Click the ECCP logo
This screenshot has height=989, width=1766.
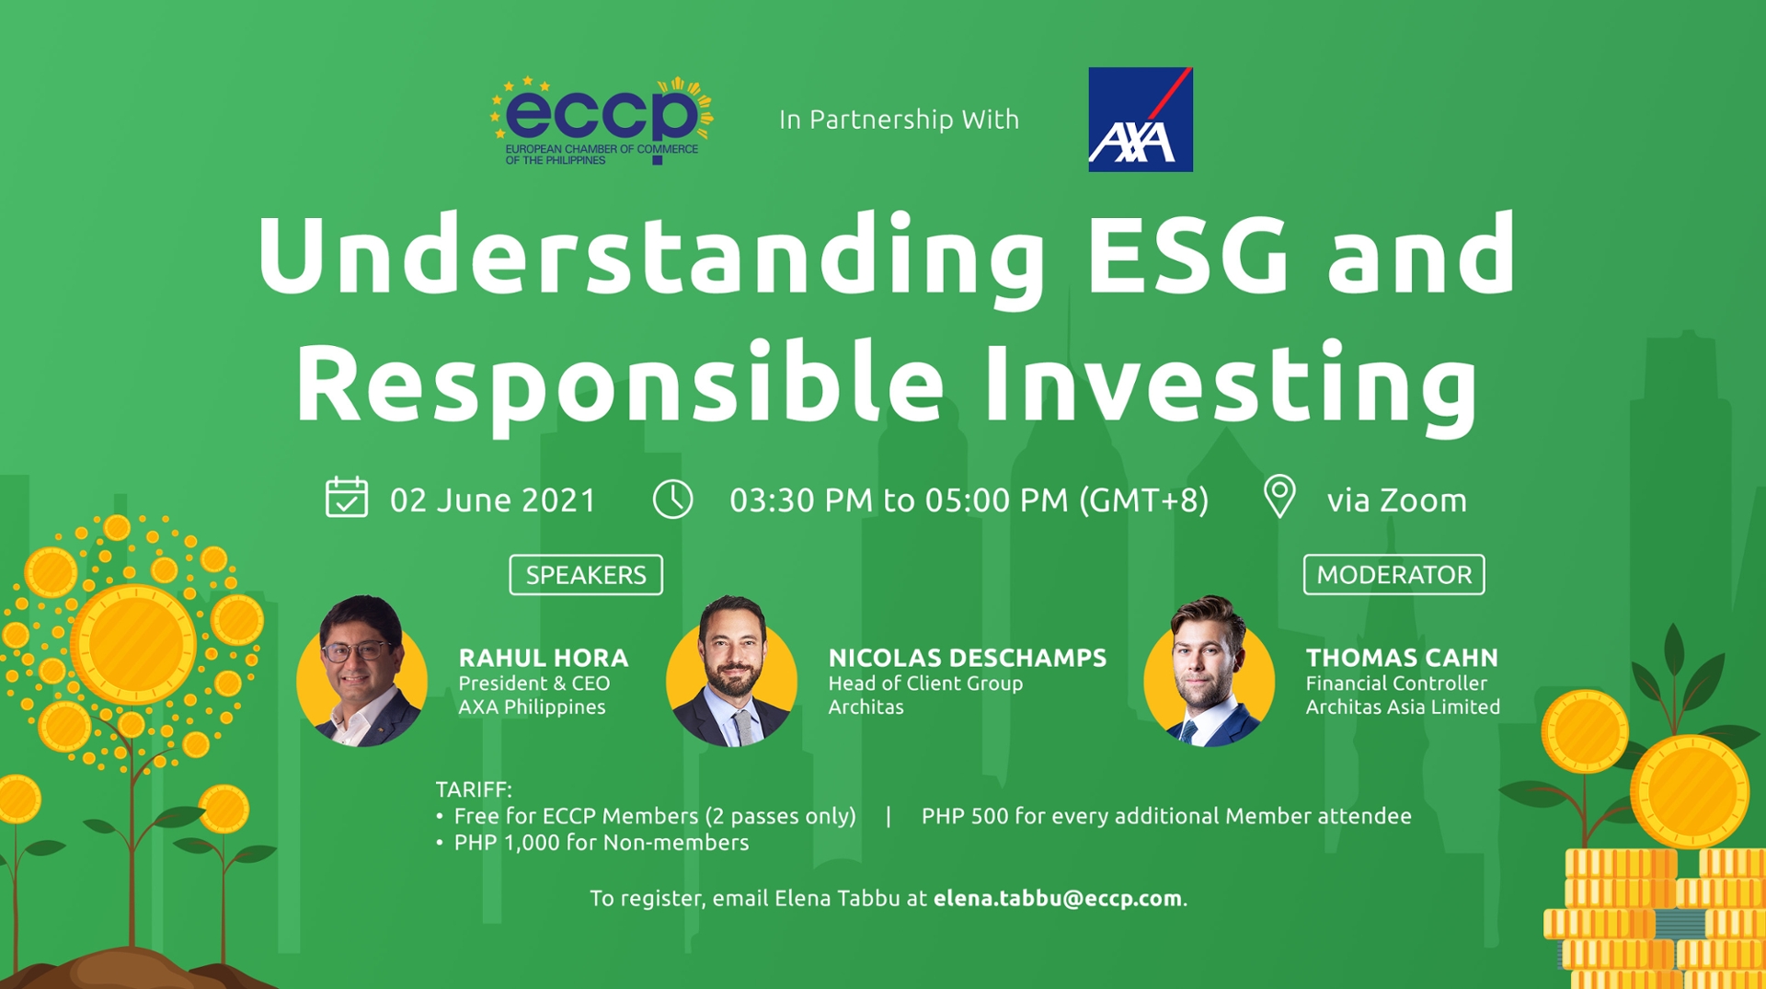click(x=602, y=121)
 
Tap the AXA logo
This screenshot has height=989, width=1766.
click(x=1140, y=120)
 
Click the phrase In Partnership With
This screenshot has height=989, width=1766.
click(x=899, y=120)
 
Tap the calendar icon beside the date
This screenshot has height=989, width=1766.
click(x=347, y=498)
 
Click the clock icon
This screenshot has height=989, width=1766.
click(x=672, y=500)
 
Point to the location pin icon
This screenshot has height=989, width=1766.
click(x=1279, y=497)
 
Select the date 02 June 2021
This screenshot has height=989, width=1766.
click(x=493, y=500)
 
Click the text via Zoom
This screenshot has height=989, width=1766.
click(x=1396, y=500)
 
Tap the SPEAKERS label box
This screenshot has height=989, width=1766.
click(x=586, y=575)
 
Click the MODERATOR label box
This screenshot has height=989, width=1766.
click(x=1393, y=575)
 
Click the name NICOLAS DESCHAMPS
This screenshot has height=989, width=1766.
click(x=967, y=658)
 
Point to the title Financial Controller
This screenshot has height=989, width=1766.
click(x=1395, y=684)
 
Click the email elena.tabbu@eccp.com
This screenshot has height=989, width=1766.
click(x=1057, y=899)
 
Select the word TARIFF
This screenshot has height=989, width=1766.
click(x=473, y=789)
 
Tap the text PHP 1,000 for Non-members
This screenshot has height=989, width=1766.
click(x=601, y=843)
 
